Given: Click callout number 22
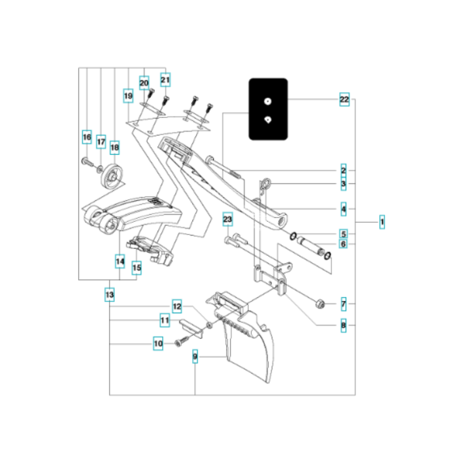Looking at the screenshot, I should (x=344, y=99).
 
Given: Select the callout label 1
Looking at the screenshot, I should (x=382, y=220).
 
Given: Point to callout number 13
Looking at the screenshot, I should (x=109, y=296).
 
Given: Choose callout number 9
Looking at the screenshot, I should (x=195, y=355).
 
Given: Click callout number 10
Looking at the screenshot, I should (x=158, y=343).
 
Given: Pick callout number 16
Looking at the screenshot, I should (x=86, y=138).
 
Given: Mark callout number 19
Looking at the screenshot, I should (x=128, y=96).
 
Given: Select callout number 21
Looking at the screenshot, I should (x=165, y=80).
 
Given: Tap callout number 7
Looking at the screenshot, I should (x=343, y=304).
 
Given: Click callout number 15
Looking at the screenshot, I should (x=136, y=267).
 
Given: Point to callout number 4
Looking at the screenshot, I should (x=343, y=209).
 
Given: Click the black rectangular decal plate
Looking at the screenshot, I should (x=268, y=108).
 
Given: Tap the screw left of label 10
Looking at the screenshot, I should (x=177, y=344).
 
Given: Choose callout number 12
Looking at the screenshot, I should (x=177, y=307).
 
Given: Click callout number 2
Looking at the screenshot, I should (x=343, y=170).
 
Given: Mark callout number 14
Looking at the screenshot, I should (x=119, y=262).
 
